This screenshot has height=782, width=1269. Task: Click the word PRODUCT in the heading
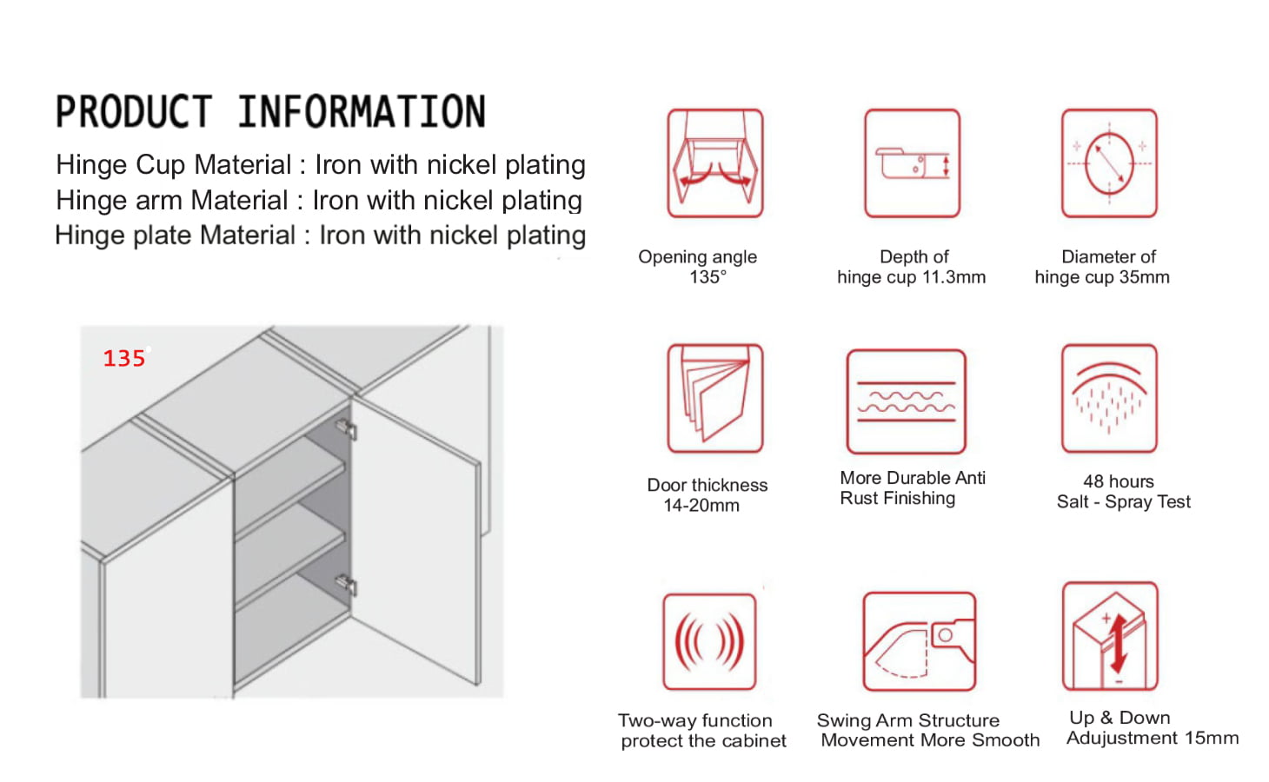coord(134,111)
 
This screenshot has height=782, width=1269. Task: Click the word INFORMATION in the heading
coord(362,111)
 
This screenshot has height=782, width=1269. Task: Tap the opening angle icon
coord(715,163)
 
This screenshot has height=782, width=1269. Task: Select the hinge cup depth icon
coord(912,163)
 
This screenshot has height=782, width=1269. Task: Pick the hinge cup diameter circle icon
coord(1109,163)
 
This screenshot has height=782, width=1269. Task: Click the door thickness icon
coord(715,398)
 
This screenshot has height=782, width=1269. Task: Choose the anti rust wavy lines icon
coord(906,401)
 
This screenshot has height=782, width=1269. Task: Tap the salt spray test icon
coord(1109,398)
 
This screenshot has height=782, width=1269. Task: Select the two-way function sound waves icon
coord(709,641)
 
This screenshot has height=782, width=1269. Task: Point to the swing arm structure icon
coord(919,641)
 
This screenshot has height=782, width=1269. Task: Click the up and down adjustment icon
coord(1110,636)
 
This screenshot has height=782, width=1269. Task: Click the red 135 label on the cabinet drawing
coord(124,359)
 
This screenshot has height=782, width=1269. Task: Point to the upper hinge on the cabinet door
coord(346,428)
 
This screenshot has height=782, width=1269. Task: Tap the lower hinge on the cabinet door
coord(346,585)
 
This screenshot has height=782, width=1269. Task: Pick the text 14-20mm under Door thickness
coord(701,505)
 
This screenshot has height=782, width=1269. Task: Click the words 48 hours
coord(1119,481)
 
